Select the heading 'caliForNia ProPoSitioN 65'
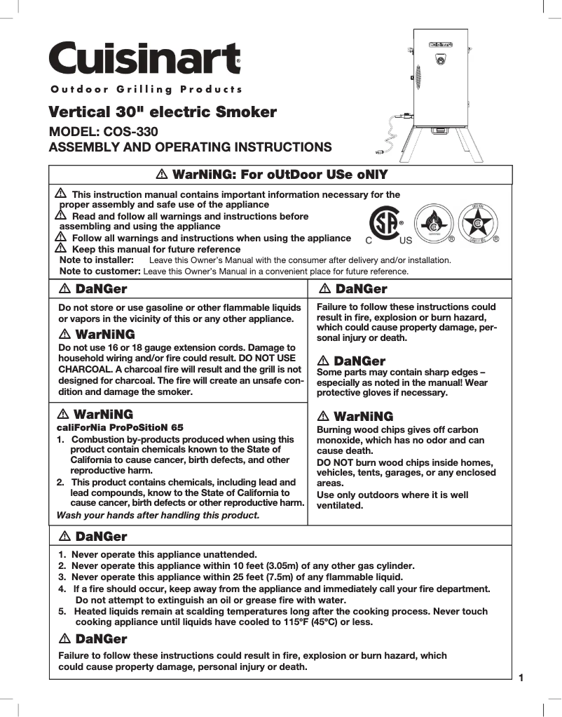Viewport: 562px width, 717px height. point(120,427)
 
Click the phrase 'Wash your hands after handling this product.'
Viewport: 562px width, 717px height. point(158,515)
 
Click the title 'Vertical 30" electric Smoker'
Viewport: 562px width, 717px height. point(162,112)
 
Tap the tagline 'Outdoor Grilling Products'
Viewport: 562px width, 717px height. point(146,89)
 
